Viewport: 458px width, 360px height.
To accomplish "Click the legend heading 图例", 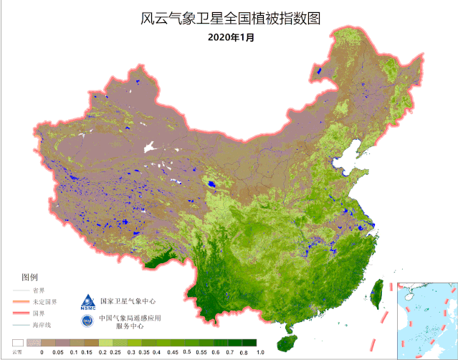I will coord(30,276).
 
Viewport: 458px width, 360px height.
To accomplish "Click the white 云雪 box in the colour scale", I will coord(17,343).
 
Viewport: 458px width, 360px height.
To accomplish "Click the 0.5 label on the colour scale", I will coord(186,352).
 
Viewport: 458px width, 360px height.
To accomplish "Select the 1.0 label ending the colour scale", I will coord(260,352).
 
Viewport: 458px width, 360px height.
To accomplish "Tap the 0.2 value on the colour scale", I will coord(102,352).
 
